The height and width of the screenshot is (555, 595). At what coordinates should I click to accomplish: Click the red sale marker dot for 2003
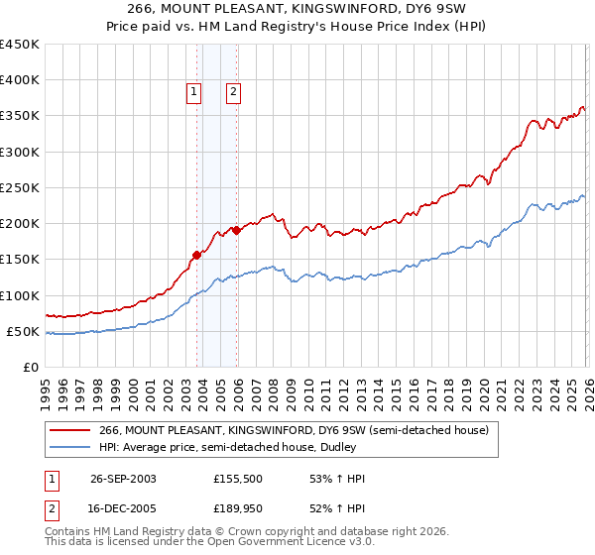point(197,255)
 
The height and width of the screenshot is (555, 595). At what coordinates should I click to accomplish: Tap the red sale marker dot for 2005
point(237,230)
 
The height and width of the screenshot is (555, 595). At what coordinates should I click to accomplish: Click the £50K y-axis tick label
point(24,331)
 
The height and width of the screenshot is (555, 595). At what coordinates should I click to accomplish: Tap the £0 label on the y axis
point(32,367)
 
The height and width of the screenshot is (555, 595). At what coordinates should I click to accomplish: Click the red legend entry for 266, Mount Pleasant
point(294,431)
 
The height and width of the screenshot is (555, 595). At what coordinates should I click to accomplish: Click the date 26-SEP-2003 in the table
point(123,479)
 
